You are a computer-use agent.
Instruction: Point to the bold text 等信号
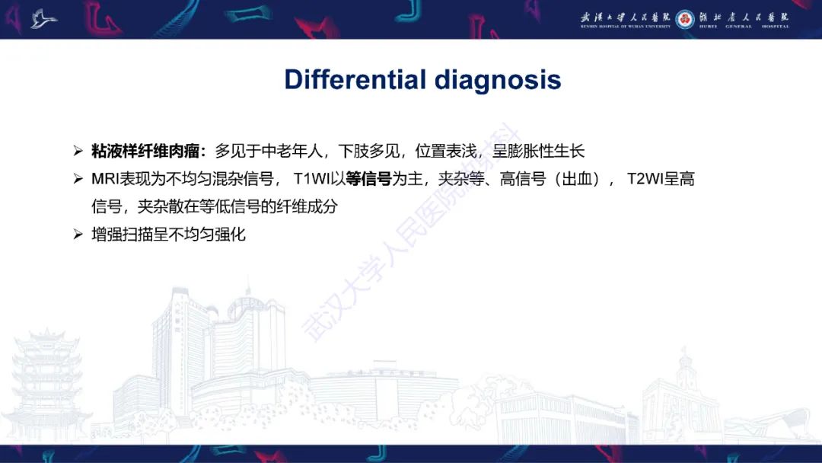[368, 179]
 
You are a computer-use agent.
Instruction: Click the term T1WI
[311, 179]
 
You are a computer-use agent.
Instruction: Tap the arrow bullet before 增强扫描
[78, 235]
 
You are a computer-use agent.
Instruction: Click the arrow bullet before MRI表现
[78, 179]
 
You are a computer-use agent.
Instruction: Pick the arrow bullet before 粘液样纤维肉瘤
[78, 151]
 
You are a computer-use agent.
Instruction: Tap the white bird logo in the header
[43, 19]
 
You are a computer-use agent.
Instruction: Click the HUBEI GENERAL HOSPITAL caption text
[744, 27]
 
